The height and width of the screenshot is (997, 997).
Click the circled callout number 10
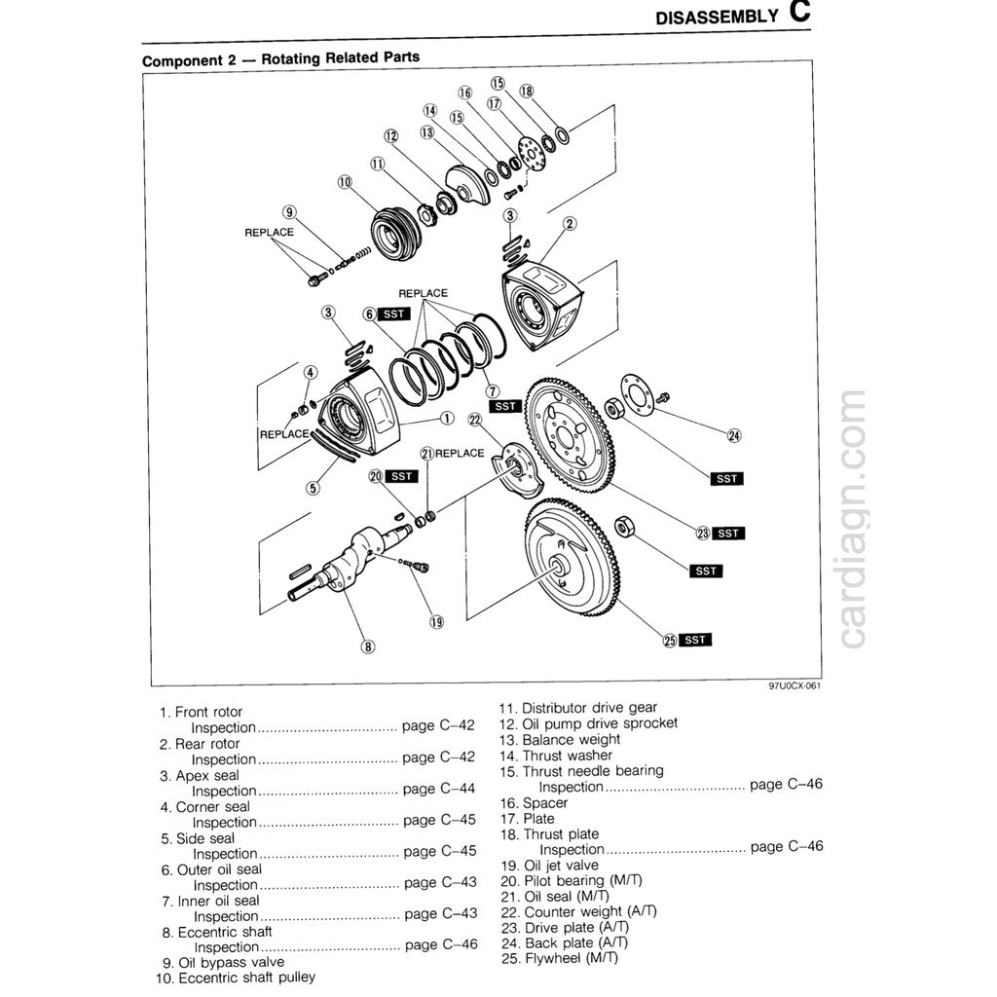coord(344,182)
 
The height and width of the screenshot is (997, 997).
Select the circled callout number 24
coord(734,435)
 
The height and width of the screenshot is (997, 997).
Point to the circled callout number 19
coord(436,620)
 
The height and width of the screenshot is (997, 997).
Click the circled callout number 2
coord(572,225)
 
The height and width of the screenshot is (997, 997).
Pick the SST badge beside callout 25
coord(695,640)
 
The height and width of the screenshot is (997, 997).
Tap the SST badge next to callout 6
coord(394,314)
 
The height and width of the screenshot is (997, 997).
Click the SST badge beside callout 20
coord(400,476)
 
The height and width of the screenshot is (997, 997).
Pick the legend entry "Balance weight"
coord(572,739)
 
